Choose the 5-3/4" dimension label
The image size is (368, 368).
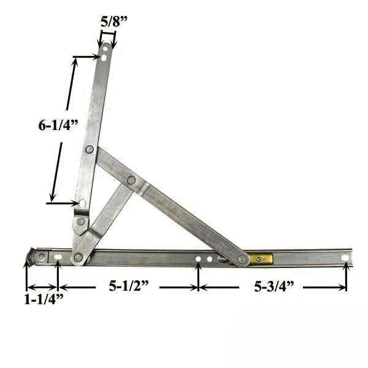point(270,286)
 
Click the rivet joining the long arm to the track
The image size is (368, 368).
point(242,259)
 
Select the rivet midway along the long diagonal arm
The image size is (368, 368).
point(131,180)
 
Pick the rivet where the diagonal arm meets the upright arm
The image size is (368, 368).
point(90,149)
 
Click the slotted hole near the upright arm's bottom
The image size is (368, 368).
point(82,202)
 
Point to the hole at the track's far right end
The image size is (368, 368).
point(345,258)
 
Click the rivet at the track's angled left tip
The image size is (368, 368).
point(41,256)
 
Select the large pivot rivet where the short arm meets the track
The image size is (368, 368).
point(78,257)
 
